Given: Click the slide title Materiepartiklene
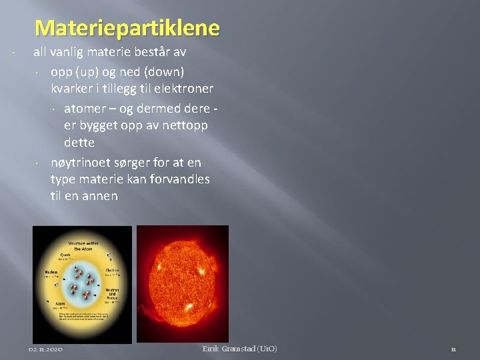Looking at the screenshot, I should [127, 28].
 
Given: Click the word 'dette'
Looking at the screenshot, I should [79, 143].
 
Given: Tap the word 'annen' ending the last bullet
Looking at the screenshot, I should [101, 196].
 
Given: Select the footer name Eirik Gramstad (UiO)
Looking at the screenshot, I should [240, 349].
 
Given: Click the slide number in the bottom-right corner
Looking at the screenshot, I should [453, 349].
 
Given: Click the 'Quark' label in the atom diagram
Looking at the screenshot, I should [64, 253].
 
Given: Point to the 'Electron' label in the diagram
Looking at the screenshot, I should [112, 269].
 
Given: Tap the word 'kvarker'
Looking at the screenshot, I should [72, 89].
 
